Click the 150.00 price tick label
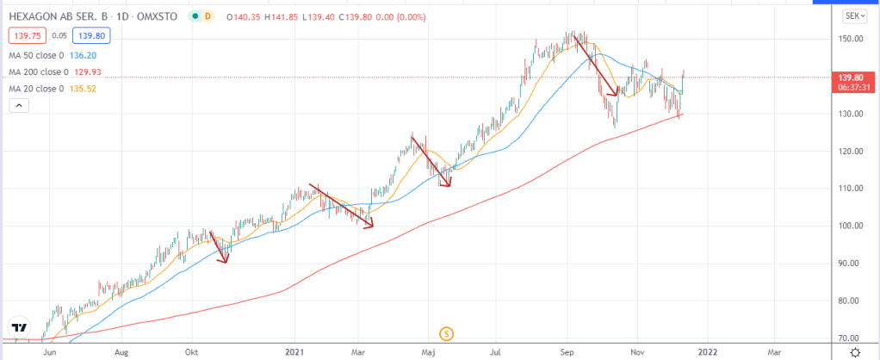[x=851, y=40]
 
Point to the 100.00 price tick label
[x=851, y=227]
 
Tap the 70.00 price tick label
[x=851, y=338]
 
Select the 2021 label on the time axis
[x=295, y=352]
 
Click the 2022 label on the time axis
[x=707, y=352]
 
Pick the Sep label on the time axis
[x=567, y=352]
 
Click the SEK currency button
[x=853, y=16]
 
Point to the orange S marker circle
[x=446, y=333]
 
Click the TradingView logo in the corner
[x=18, y=328]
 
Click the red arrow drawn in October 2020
[x=219, y=247]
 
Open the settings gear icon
[x=855, y=352]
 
